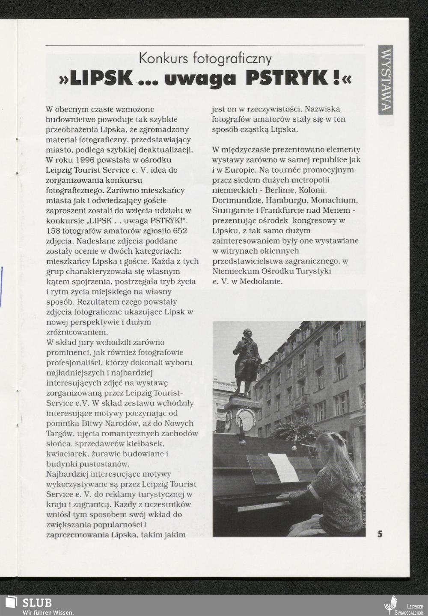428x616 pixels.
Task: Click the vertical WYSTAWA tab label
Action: tap(386, 80)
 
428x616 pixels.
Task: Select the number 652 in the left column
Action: tap(179, 231)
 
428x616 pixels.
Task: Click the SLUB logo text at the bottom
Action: tap(37, 603)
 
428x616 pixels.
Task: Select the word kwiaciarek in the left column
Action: tap(64, 454)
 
